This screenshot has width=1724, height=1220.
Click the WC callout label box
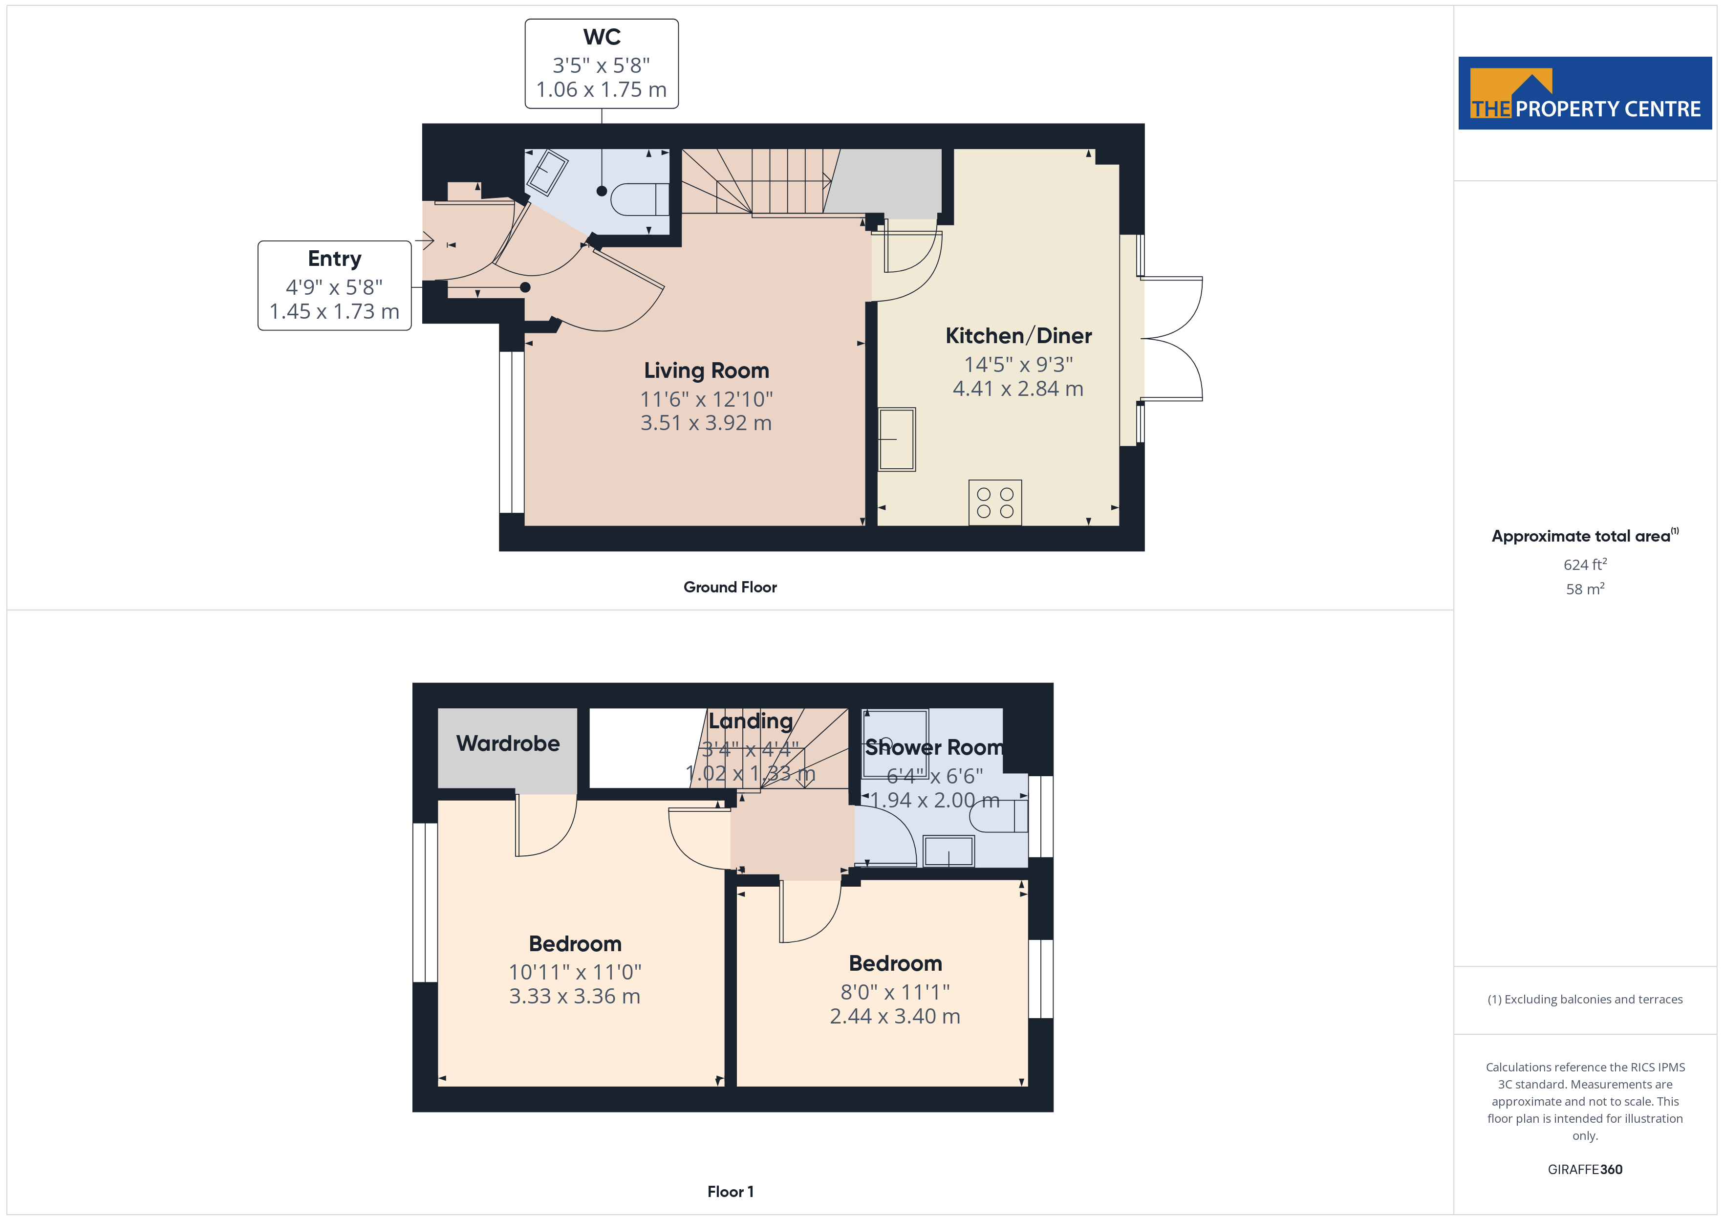click(602, 64)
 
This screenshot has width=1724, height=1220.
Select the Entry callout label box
click(334, 285)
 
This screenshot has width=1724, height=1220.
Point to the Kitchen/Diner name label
click(1018, 336)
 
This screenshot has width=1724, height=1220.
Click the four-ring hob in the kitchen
click(995, 502)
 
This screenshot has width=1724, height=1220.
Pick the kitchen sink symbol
click(897, 439)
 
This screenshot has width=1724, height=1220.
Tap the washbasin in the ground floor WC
click(547, 173)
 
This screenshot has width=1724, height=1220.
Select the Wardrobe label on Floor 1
click(508, 744)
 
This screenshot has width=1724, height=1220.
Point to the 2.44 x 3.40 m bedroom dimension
click(895, 1016)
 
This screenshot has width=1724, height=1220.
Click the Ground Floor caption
click(730, 588)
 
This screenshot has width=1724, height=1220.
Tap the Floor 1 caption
click(730, 1192)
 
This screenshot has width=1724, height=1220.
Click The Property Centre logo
click(1585, 93)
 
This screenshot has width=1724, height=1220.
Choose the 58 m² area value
click(1585, 589)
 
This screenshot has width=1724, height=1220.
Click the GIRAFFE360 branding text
click(1585, 1170)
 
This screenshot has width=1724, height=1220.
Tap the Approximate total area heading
click(1585, 536)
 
